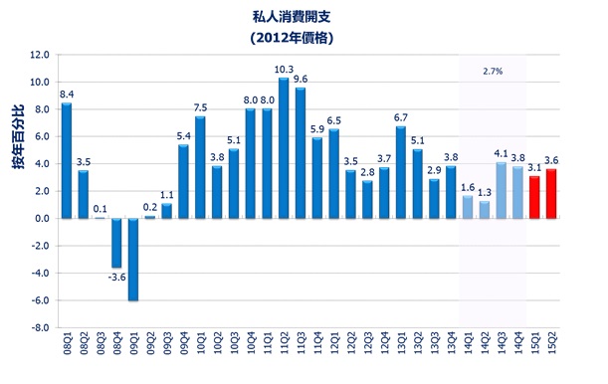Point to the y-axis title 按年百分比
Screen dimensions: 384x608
(x=17, y=167)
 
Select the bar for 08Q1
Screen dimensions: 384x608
(x=66, y=160)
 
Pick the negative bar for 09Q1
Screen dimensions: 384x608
(x=132, y=259)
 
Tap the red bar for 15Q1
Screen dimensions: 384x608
(x=533, y=196)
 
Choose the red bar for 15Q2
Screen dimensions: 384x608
(x=551, y=193)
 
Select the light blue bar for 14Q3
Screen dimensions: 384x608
(x=501, y=190)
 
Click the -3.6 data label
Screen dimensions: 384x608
(x=115, y=278)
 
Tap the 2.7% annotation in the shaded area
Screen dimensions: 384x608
(x=492, y=72)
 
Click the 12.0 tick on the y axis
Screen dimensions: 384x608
(x=39, y=55)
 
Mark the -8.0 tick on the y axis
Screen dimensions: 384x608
(x=39, y=327)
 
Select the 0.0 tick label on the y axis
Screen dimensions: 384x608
(x=41, y=218)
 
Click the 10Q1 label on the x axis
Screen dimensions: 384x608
(x=200, y=350)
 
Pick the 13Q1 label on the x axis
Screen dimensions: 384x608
(x=400, y=350)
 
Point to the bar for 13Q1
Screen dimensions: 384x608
(x=400, y=172)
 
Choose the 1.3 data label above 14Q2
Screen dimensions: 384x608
(x=484, y=192)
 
